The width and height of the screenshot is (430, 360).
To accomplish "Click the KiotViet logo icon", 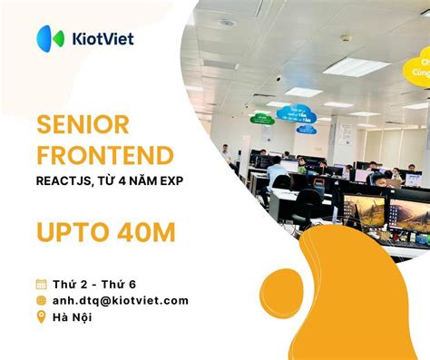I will point(50,38).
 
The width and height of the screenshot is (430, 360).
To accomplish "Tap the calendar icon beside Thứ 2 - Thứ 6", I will point(41,284).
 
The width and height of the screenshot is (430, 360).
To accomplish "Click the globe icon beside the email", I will point(41,300).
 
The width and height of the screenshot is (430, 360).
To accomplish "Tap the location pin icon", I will point(41,317).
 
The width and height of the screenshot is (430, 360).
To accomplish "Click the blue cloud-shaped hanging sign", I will point(296,113).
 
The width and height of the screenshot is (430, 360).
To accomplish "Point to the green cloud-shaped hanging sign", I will point(261,117).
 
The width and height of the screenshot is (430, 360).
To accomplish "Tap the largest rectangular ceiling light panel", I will point(357,66).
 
